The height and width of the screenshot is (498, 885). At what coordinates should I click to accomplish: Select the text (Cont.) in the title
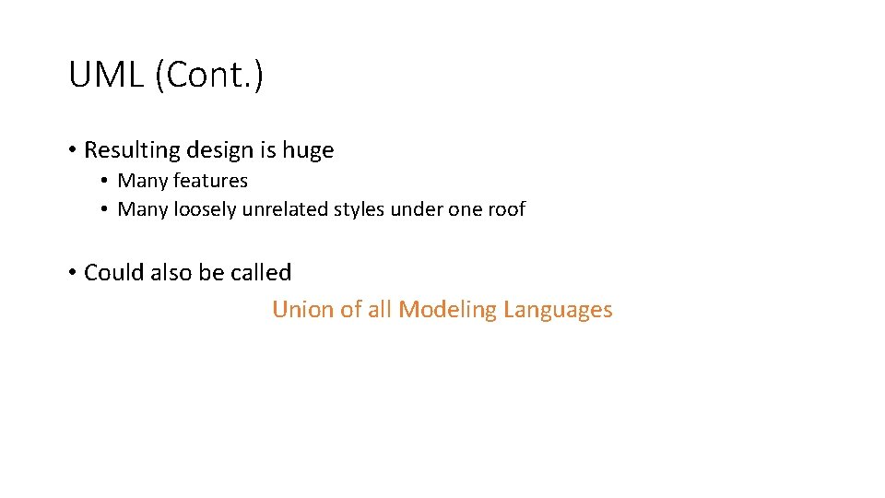pyautogui.click(x=209, y=76)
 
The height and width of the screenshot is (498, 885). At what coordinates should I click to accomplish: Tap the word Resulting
pyautogui.click(x=132, y=149)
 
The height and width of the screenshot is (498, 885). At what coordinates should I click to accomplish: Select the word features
pyautogui.click(x=210, y=181)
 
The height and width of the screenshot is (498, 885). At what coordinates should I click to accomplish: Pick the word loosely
pyautogui.click(x=206, y=209)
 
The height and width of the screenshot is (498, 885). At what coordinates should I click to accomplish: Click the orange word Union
pyautogui.click(x=301, y=310)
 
